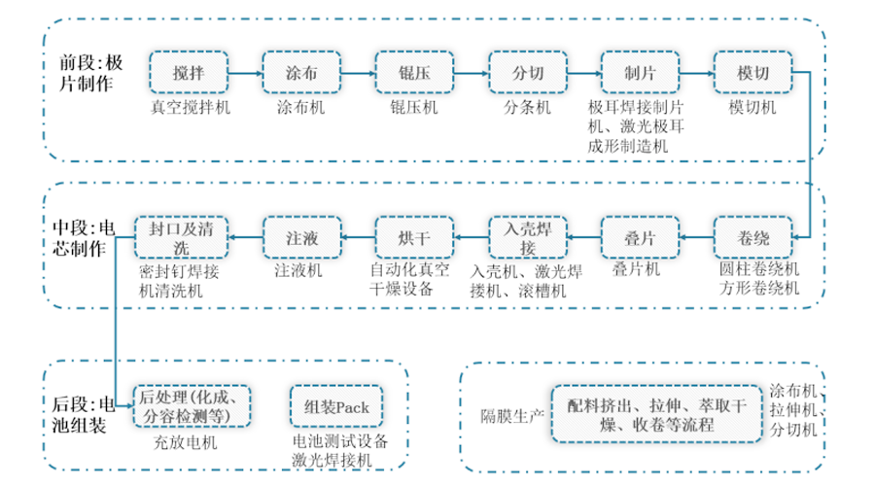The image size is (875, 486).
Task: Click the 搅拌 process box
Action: click(189, 74)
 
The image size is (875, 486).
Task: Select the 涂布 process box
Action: click(301, 74)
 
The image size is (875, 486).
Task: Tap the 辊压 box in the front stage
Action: click(415, 74)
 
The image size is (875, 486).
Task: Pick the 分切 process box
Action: click(528, 74)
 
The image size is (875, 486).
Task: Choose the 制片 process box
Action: click(641, 74)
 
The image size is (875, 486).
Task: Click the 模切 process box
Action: click(753, 74)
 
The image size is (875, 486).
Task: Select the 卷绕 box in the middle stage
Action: click(753, 236)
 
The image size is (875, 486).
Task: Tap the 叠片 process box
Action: click(641, 236)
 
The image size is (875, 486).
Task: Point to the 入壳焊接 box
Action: click(528, 236)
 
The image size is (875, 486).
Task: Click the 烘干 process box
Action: click(415, 236)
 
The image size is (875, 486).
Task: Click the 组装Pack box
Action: click(336, 407)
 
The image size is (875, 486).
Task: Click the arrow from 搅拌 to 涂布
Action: click(245, 74)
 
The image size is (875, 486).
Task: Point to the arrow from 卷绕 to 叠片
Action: click(697, 236)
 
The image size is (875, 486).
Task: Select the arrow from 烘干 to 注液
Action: click(359, 236)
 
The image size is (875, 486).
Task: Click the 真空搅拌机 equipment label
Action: click(190, 108)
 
